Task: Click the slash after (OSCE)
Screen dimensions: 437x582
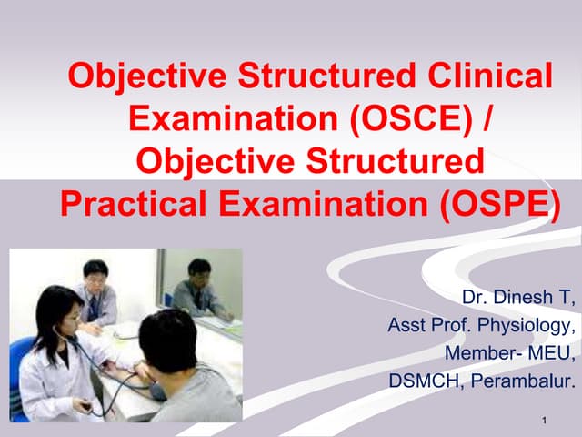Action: [x=490, y=118]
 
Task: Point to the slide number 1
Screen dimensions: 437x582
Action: [x=542, y=420]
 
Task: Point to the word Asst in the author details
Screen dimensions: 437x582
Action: [x=406, y=325]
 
